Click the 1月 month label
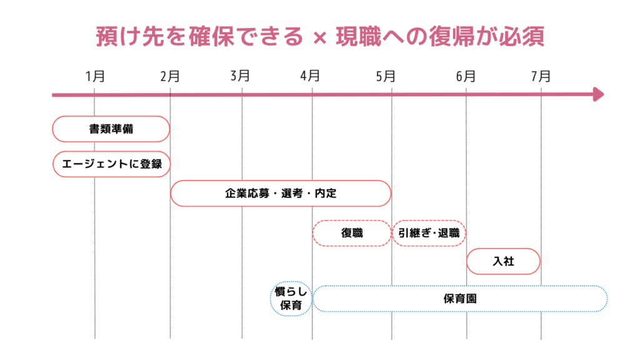point(95,76)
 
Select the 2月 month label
point(169,76)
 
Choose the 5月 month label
point(386,76)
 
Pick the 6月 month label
point(466,76)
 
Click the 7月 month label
point(541,76)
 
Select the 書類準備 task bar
point(111,129)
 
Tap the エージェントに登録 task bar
point(111,164)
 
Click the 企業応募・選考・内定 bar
point(281,193)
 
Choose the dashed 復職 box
point(352,233)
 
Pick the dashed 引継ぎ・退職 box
point(429,233)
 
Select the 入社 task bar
point(503,261)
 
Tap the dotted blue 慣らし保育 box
point(291,299)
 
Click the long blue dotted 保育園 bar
point(460,299)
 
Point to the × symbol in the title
point(319,38)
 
